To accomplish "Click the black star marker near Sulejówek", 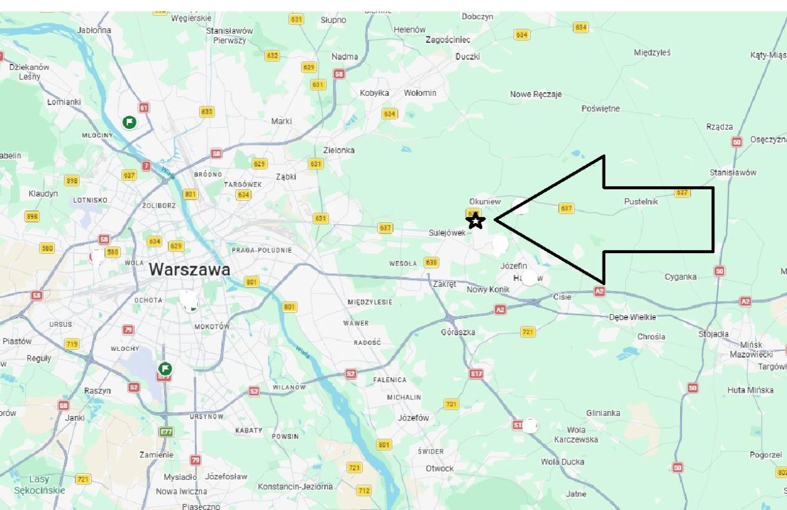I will (x=475, y=221).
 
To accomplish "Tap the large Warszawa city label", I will (x=189, y=269).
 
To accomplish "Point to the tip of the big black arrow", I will (x=496, y=219).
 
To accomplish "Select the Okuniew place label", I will (x=485, y=202).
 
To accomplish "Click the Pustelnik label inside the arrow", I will (x=641, y=202).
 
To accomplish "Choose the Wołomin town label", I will (x=420, y=93).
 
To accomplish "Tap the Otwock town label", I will (x=440, y=468).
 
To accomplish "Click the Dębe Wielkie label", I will (x=632, y=318).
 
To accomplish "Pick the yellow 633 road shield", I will (x=207, y=111).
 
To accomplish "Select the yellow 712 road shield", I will (x=364, y=490).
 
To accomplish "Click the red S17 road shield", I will (x=476, y=374).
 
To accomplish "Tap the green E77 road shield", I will (x=166, y=432).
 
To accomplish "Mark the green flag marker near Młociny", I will (x=129, y=122).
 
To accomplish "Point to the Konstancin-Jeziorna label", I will (x=295, y=487).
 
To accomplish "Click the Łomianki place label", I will (x=64, y=102).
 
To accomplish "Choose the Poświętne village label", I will (x=601, y=109).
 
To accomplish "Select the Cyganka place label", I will (x=681, y=277).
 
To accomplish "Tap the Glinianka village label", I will (x=603, y=413).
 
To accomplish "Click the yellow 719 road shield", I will (x=72, y=344).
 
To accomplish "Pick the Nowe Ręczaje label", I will (x=536, y=95).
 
